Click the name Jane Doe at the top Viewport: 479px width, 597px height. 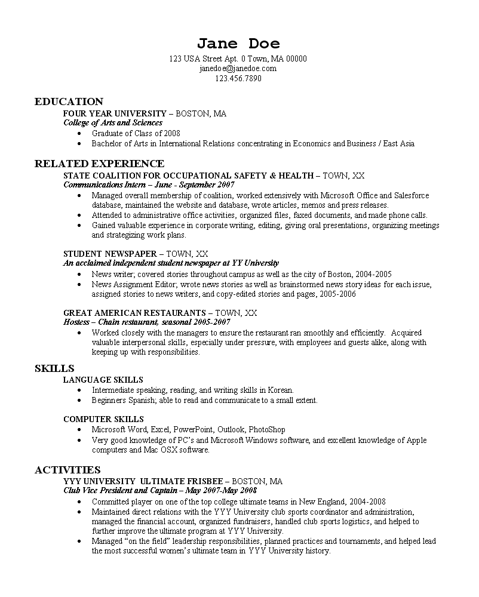[x=238, y=44]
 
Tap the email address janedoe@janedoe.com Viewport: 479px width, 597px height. [x=238, y=69]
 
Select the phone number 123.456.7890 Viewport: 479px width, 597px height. [x=238, y=78]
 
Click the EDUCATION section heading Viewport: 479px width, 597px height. [x=69, y=101]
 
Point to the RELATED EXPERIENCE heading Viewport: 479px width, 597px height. [x=99, y=164]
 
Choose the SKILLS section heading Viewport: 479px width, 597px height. [x=54, y=368]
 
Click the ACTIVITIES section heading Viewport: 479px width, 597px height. [x=67, y=470]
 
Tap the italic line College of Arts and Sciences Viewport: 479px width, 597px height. [x=113, y=122]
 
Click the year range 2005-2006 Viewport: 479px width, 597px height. [x=339, y=294]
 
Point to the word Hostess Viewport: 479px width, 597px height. [x=76, y=321]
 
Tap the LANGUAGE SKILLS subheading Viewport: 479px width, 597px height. [x=103, y=379]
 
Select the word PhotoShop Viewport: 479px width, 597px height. [x=267, y=429]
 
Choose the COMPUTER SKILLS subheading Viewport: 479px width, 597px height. [x=103, y=419]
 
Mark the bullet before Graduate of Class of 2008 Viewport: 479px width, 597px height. [x=79, y=134]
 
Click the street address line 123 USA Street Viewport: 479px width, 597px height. [x=238, y=59]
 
